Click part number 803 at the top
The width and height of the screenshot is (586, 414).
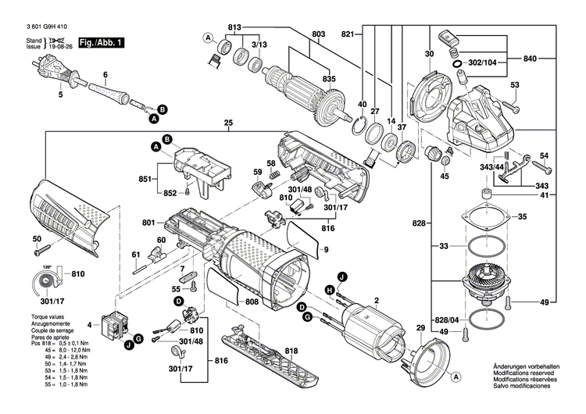[318, 34]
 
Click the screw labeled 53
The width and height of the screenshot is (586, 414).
[511, 102]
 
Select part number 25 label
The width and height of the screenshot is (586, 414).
[228, 123]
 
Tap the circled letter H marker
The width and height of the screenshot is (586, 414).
[329, 291]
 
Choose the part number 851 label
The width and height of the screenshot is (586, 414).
[146, 179]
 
